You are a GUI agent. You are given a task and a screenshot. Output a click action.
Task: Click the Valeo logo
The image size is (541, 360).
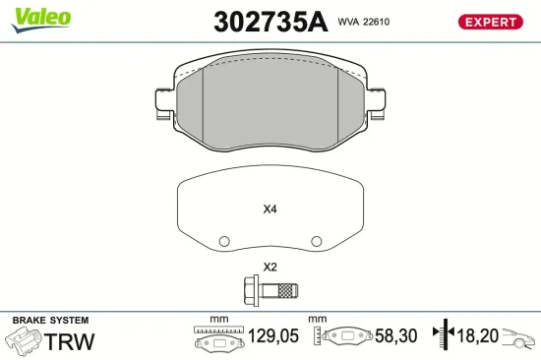[40, 17]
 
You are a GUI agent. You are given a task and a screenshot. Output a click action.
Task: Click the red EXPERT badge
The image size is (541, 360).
[489, 22]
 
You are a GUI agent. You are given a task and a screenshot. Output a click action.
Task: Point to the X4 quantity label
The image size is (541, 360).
[270, 209]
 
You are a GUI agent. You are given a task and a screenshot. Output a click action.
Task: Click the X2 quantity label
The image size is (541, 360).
[270, 268]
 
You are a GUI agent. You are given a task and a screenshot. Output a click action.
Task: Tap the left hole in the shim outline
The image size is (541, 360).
[224, 240]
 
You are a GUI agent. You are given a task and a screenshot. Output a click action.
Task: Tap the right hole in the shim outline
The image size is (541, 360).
[315, 240]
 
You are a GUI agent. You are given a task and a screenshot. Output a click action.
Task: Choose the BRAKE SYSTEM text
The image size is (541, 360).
[49, 321]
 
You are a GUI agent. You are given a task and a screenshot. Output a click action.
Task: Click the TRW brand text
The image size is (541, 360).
[71, 341]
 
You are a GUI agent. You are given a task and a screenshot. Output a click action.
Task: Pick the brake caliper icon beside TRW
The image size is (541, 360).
[24, 341]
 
